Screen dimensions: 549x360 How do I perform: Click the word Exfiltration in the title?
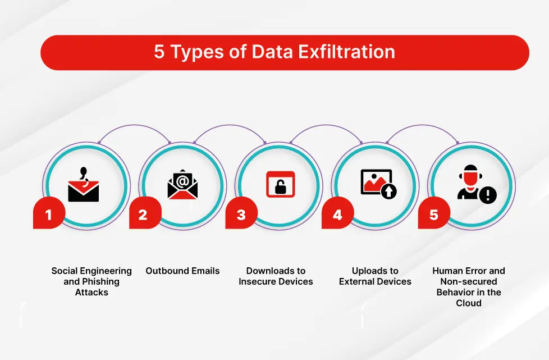point(346,52)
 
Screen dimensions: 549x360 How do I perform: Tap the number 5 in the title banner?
point(159,52)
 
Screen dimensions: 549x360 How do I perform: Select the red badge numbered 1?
point(49,213)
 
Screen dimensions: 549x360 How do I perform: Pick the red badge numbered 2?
point(145,213)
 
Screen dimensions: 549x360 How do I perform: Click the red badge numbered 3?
point(241,213)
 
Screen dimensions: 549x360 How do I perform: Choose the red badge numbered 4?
point(338,213)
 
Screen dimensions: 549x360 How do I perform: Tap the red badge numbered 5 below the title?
point(434,213)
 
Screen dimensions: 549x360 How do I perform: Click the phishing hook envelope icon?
point(83,185)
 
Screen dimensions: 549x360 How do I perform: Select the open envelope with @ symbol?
point(182,184)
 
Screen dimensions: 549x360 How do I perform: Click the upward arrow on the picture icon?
point(388,191)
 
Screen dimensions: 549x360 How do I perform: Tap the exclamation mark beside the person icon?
point(488,195)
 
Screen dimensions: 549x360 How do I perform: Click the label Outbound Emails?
point(182,271)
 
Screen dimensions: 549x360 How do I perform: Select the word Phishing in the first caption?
point(101,281)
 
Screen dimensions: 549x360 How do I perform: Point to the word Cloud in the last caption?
point(469,303)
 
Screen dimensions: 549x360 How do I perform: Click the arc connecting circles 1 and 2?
point(135,125)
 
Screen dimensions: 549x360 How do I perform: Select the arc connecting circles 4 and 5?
point(422,125)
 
